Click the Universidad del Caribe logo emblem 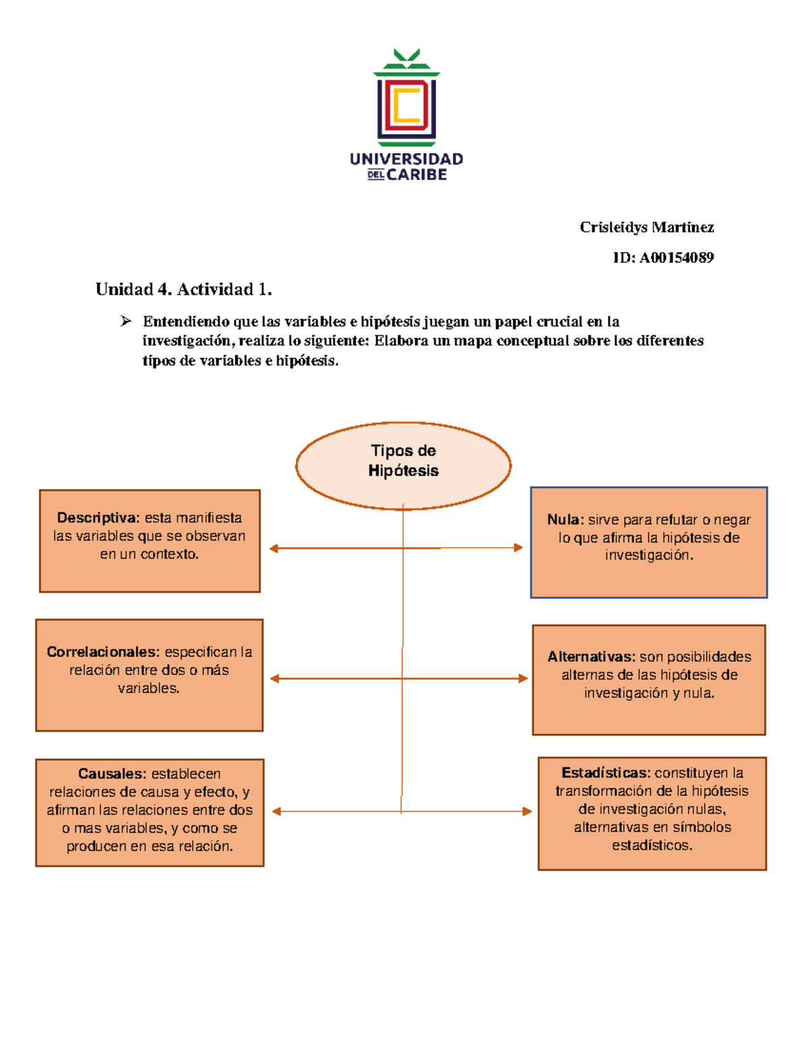(x=406, y=101)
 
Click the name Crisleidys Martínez (x=647, y=227)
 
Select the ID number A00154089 (x=676, y=258)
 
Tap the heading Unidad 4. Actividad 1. (x=183, y=290)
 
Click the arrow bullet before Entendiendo (x=126, y=322)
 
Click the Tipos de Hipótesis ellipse (x=403, y=465)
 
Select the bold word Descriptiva (x=98, y=518)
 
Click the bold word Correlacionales (x=103, y=652)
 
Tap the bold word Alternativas (x=591, y=657)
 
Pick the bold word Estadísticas (x=605, y=773)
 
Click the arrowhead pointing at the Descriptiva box (x=274, y=549)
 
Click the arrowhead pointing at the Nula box (x=518, y=547)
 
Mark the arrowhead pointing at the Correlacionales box (x=274, y=679)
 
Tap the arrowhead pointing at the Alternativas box (x=523, y=678)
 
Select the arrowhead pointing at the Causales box (x=276, y=812)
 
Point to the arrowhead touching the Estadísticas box (x=527, y=811)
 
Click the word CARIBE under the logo (x=417, y=175)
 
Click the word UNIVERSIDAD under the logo (x=406, y=159)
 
